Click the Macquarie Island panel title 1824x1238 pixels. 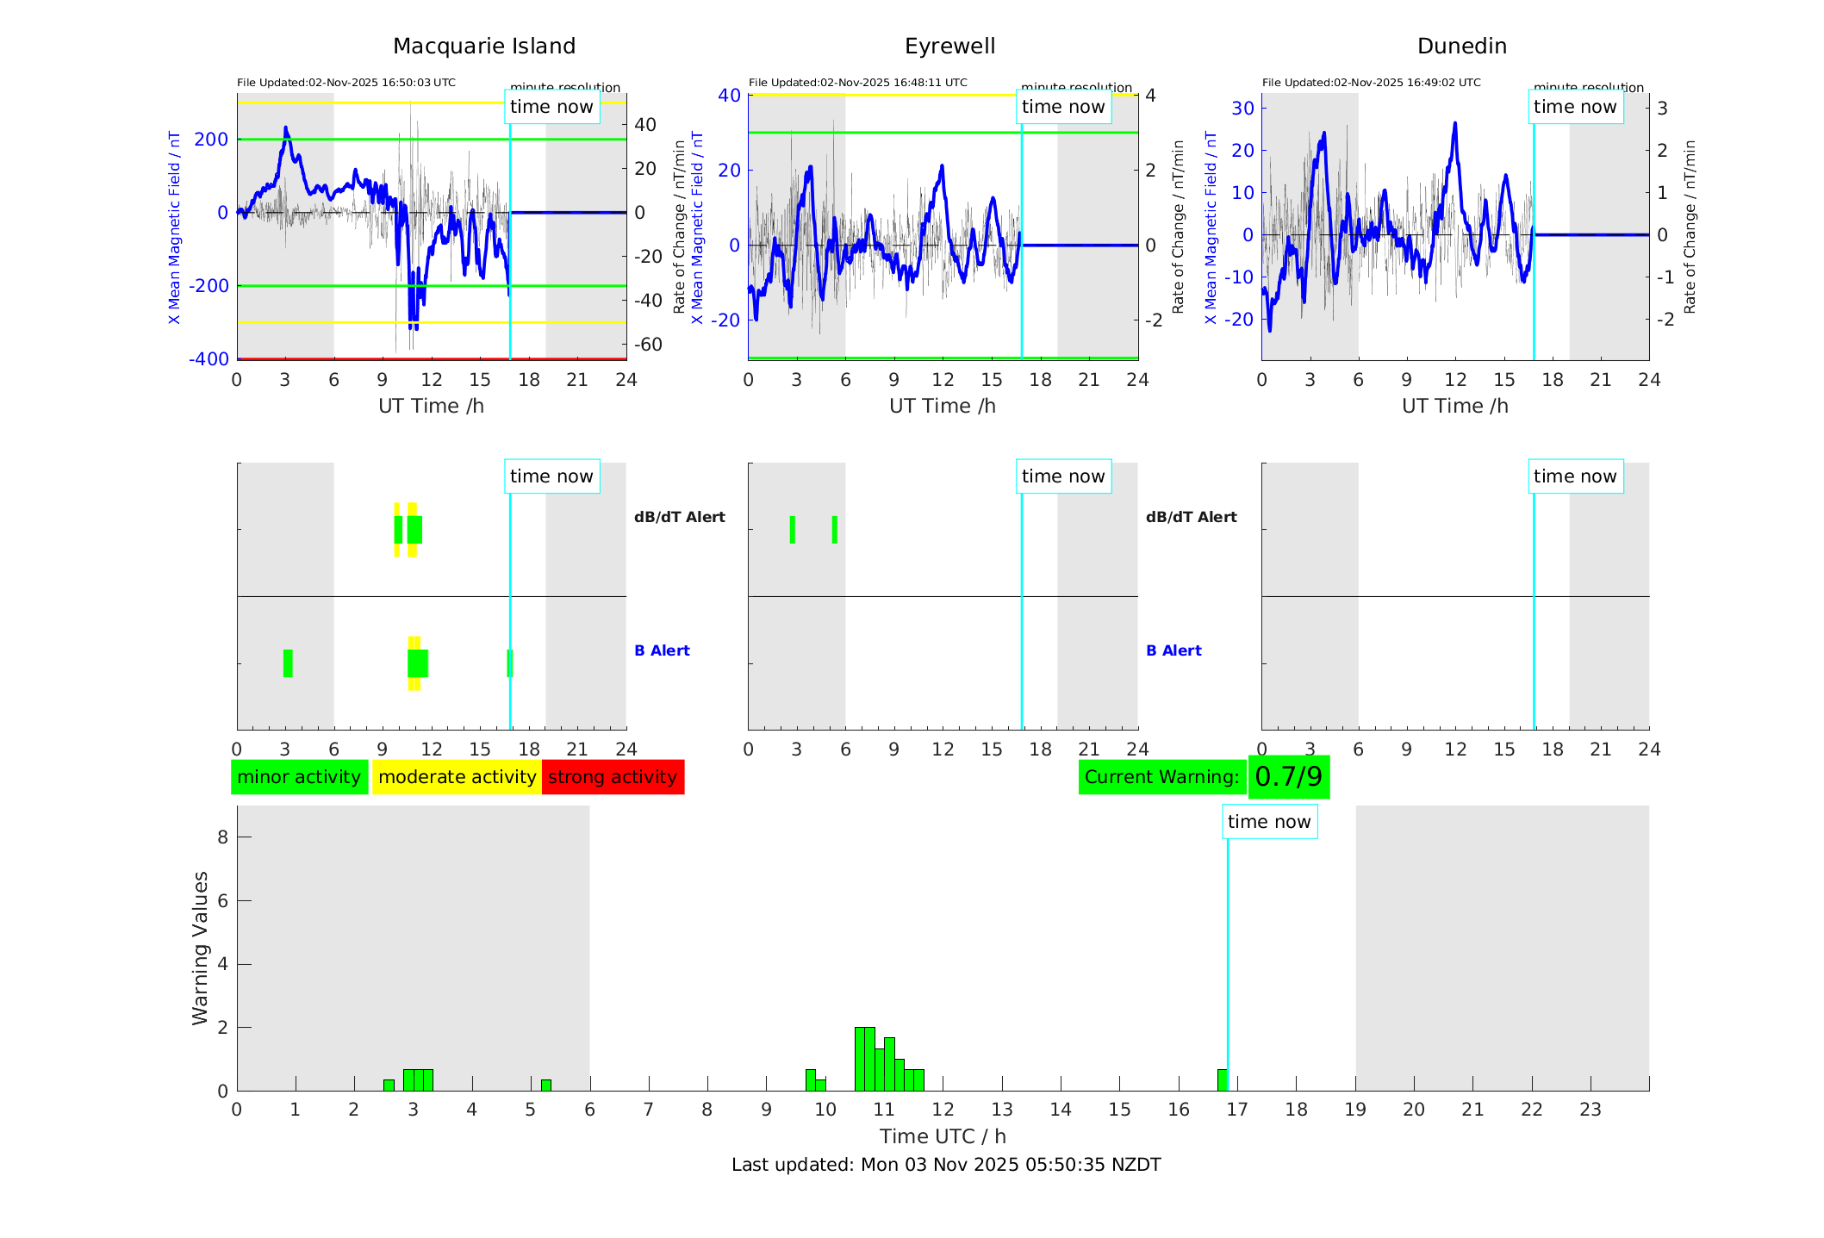483,47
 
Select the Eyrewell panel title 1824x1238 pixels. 949,47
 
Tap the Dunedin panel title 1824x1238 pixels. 1461,47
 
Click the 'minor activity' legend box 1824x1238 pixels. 299,777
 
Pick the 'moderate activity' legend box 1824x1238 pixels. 457,777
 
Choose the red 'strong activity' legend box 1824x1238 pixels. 613,777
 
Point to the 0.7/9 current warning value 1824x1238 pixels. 1288,777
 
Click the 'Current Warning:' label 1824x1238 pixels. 1161,777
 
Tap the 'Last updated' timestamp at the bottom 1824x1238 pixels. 946,1165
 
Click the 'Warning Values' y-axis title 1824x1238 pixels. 200,948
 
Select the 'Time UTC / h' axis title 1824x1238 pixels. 943,1136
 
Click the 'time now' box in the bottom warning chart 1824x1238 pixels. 1268,822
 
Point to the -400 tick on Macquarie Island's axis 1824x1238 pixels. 209,358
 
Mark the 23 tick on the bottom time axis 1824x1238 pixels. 1590,1110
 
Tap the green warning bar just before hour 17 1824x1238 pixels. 1222,1080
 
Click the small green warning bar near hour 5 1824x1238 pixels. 545,1086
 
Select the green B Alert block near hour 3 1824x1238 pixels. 288,663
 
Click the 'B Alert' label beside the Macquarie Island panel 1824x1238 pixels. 662,650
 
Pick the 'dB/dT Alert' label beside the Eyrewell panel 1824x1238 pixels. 1191,517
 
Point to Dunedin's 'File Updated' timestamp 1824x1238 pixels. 1371,83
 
